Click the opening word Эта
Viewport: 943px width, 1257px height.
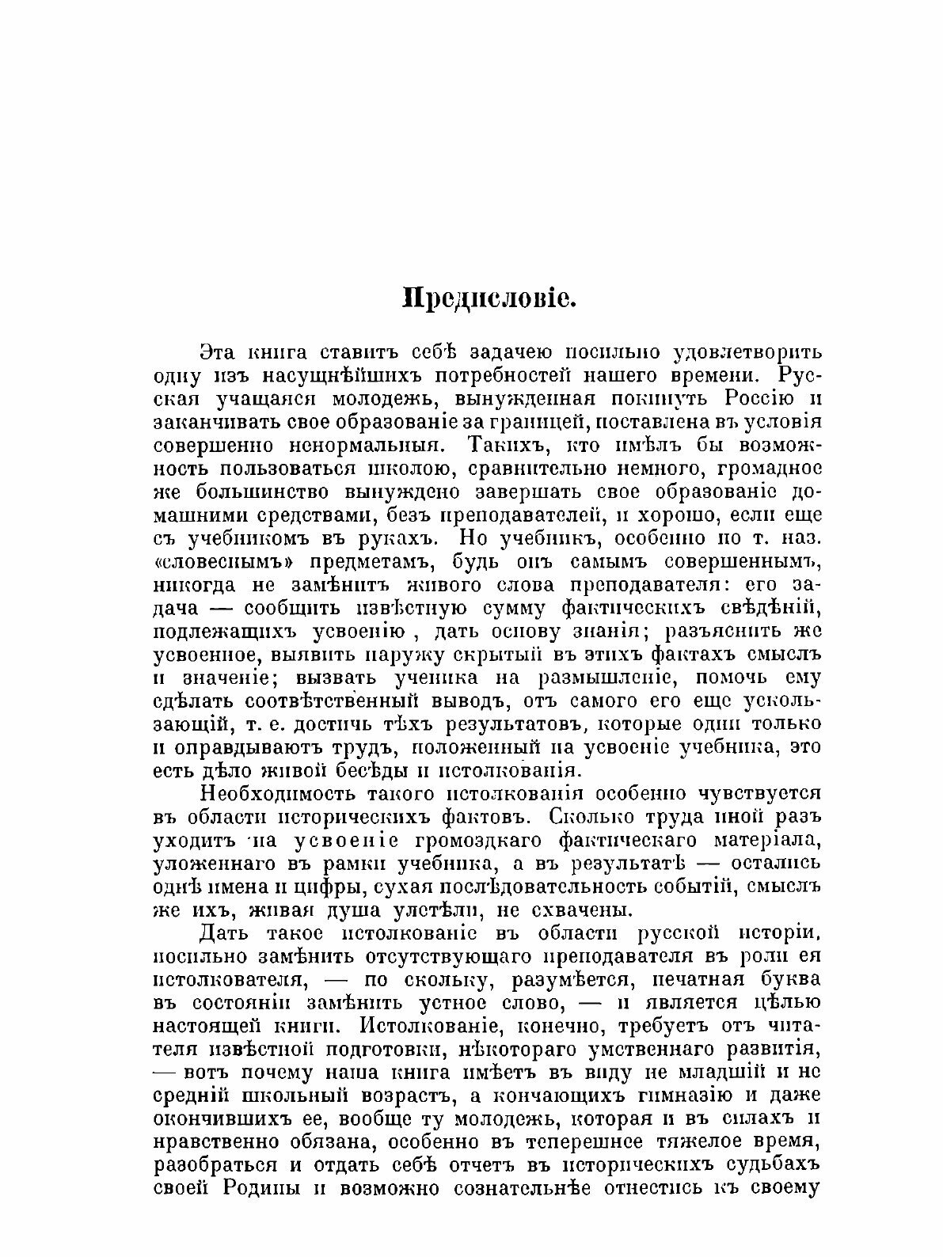(x=219, y=351)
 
